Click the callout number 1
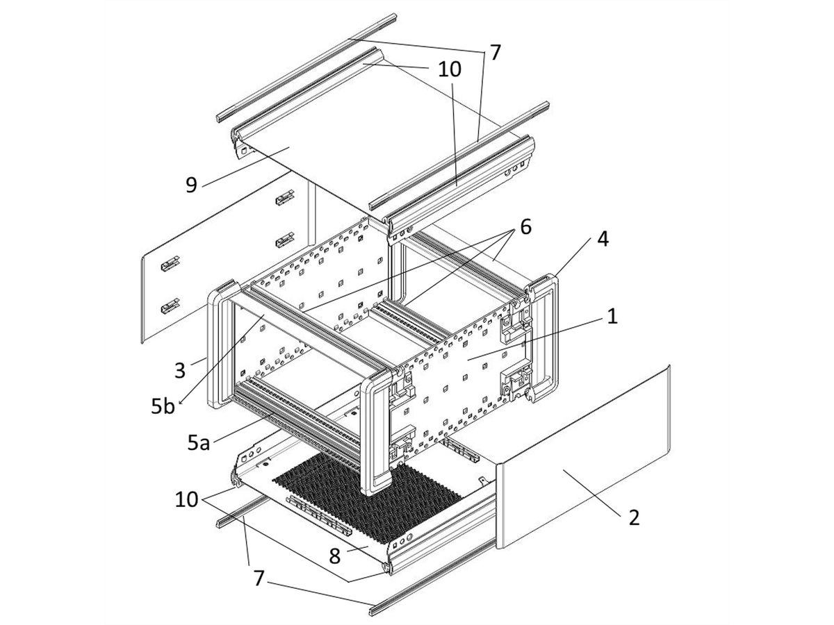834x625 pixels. (611, 317)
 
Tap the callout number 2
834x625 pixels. (633, 517)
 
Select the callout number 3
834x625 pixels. (180, 369)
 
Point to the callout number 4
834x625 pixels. (603, 240)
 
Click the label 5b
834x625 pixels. (164, 406)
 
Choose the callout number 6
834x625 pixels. (525, 228)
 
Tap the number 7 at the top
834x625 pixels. (494, 53)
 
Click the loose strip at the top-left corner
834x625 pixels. (306, 66)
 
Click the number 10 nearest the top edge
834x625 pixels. (449, 69)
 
